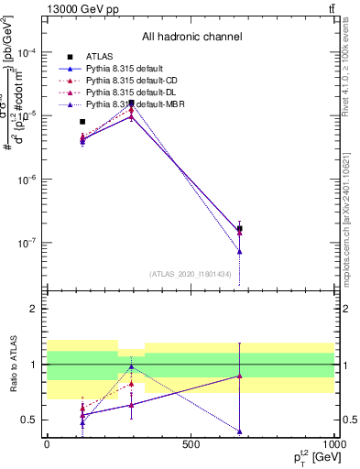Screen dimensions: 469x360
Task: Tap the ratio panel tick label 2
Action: tap(36, 310)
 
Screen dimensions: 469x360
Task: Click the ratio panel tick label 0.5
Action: tap(32, 420)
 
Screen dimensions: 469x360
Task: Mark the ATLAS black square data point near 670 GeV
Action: tap(239, 229)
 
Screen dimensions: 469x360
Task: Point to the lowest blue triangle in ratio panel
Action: tap(239, 431)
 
